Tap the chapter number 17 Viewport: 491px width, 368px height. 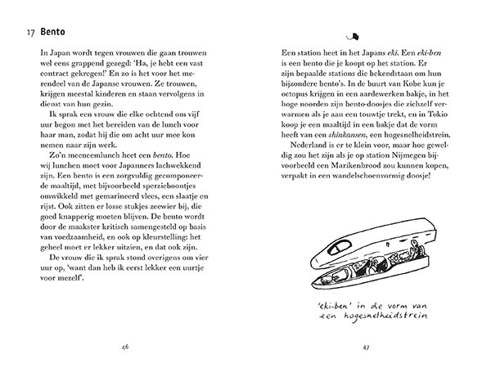pyautogui.click(x=30, y=34)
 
